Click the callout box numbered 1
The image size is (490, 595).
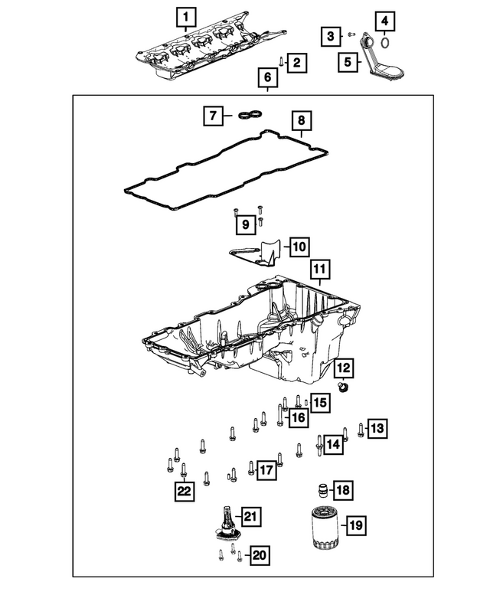(185, 15)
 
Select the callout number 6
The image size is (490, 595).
(267, 77)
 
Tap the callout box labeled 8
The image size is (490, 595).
(300, 121)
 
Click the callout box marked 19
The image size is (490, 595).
(354, 525)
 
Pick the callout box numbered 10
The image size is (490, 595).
(298, 246)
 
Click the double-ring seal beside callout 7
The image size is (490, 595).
(247, 116)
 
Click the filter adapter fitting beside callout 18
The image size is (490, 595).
(323, 489)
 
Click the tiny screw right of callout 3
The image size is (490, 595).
(351, 34)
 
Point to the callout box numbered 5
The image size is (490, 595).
(348, 61)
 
